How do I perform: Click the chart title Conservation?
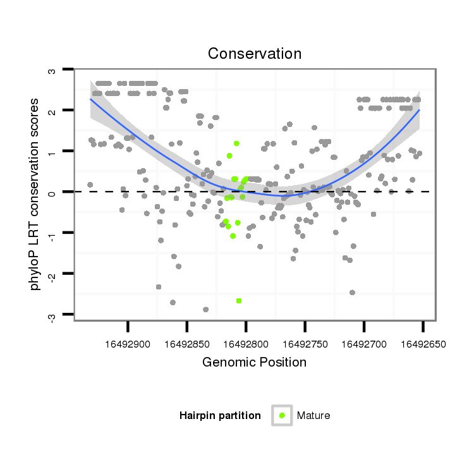(x=255, y=54)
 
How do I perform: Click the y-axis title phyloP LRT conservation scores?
(x=35, y=193)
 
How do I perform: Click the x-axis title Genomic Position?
(x=254, y=362)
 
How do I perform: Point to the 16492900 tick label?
(x=128, y=345)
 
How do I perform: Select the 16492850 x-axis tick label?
(x=187, y=345)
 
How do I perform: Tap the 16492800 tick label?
(x=246, y=345)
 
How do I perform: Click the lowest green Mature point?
(x=239, y=301)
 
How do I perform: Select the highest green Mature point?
(x=236, y=143)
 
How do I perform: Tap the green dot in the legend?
(x=282, y=415)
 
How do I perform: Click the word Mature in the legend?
(x=313, y=415)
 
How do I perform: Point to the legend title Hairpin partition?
(x=220, y=415)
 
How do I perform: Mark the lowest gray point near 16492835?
(x=205, y=310)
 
